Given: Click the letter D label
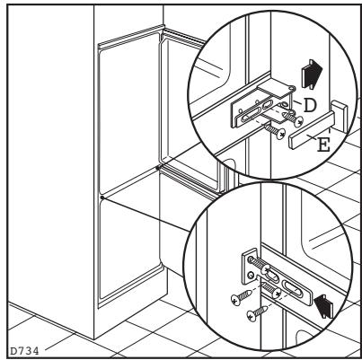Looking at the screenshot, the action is point(310,105).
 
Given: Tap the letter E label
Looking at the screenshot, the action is point(323,145).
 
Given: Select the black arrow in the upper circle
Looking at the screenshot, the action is point(312,74).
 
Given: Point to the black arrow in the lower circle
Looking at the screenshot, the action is point(324,306).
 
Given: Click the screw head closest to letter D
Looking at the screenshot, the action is point(298,121).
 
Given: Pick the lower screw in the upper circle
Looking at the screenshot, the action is point(280,134).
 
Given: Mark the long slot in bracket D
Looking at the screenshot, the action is point(250,116).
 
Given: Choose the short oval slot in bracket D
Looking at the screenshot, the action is point(267,105).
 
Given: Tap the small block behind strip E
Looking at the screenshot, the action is point(340,116).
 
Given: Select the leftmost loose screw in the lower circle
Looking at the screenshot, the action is point(242,297).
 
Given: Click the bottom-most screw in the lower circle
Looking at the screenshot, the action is point(258,312).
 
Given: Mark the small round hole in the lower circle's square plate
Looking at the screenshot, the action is point(251,274).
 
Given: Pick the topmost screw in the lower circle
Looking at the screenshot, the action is point(260,265).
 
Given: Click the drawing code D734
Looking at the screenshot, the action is point(24,351).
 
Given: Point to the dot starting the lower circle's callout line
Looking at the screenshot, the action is point(102,198).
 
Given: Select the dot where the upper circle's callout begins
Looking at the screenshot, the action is point(158,168).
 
